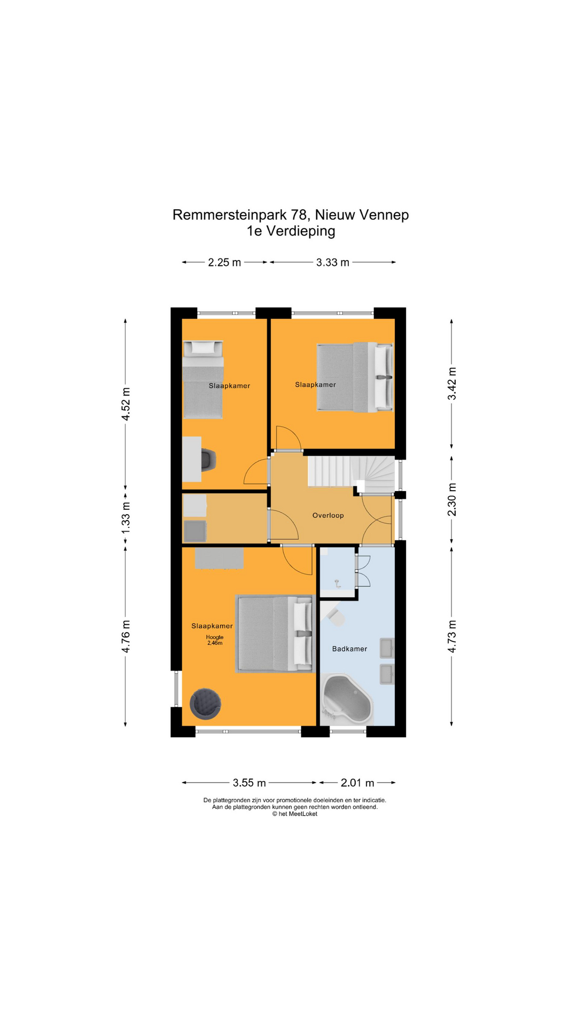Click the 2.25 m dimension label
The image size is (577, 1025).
pos(224,262)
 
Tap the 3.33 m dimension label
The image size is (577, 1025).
pos(332,262)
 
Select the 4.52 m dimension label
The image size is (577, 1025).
pos(126,404)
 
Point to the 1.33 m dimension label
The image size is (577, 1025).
pos(126,517)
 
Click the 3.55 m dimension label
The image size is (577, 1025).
pos(249,783)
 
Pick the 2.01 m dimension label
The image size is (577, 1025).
pos(357,783)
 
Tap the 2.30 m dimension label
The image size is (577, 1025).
pos(452,500)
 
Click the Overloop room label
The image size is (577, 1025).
pos(328,515)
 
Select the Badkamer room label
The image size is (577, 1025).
pos(349,649)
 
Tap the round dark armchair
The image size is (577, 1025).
pos(205,703)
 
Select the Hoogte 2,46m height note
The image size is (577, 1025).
pos(215,640)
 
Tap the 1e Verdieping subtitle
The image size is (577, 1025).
pos(291,231)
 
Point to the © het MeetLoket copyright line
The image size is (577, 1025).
pos(294,814)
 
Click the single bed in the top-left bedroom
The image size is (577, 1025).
pos(203,380)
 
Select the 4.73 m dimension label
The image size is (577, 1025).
pos(452,636)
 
